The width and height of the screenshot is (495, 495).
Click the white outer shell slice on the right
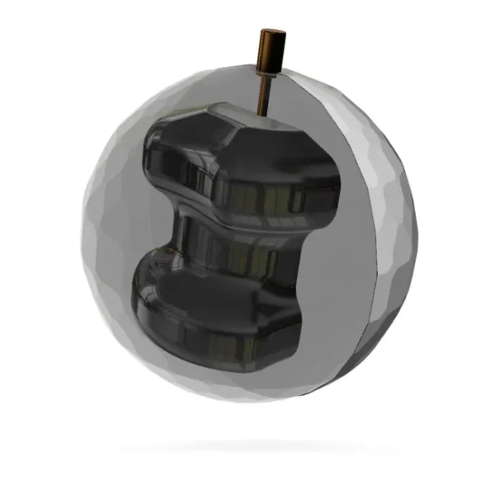(x=388, y=239)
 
